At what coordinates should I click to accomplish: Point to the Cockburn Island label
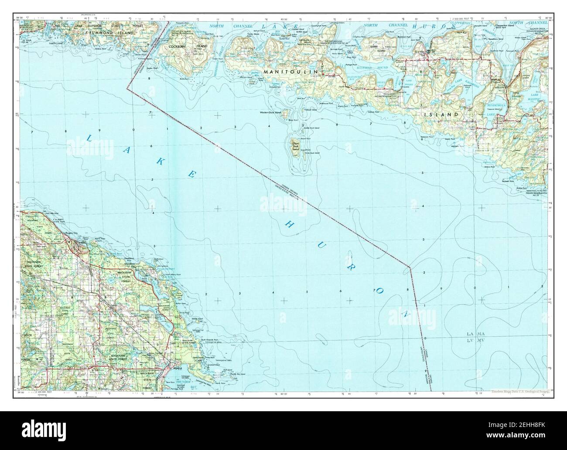(189, 45)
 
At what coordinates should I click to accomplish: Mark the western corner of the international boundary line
(128, 88)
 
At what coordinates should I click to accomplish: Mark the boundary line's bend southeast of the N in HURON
(410, 267)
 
